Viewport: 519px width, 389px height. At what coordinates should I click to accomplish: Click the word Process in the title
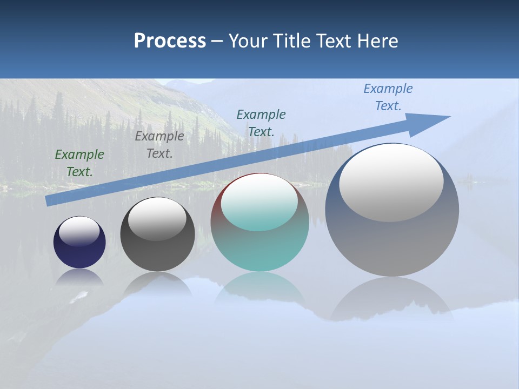[x=170, y=41]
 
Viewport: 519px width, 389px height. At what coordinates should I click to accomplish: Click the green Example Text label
[x=79, y=163]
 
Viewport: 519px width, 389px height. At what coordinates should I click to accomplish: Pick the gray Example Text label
[x=159, y=145]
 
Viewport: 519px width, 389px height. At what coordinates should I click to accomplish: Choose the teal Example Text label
[x=261, y=123]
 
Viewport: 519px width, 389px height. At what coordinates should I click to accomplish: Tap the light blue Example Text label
[x=388, y=97]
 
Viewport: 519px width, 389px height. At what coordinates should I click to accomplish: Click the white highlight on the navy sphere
[x=79, y=231]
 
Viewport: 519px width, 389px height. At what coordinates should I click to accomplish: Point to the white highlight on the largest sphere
[x=391, y=183]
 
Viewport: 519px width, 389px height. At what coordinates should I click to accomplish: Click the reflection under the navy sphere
[x=79, y=278]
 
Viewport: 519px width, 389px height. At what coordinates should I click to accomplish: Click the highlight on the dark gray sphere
[x=157, y=219]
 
